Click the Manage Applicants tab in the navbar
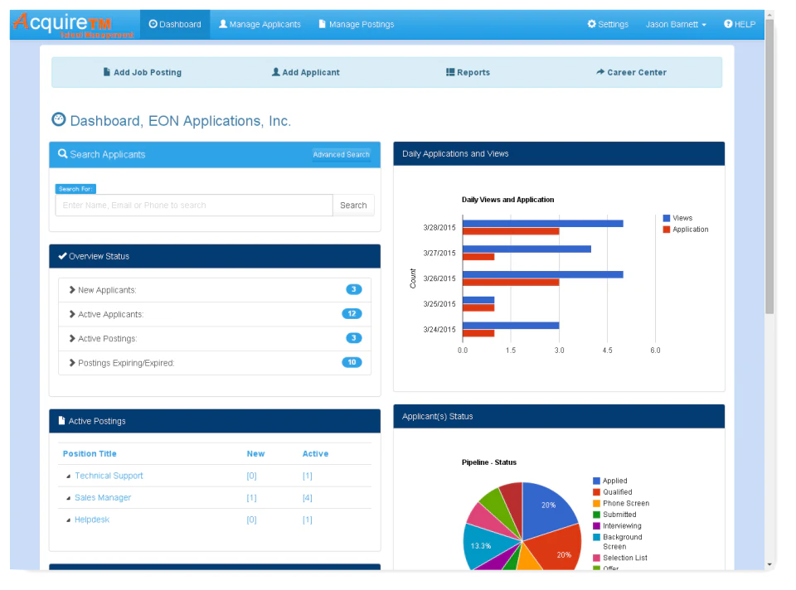260,25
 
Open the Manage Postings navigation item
357,25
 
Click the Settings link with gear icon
608,25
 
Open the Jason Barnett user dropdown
676,25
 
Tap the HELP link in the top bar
740,25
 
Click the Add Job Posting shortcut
142,73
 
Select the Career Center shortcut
631,73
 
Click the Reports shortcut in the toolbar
468,73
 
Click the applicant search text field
193,206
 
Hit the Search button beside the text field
353,206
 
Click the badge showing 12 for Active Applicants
352,314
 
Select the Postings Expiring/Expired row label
126,363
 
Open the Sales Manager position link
103,498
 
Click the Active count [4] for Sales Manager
307,498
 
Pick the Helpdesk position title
92,520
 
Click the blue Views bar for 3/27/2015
527,249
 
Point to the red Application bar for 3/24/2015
478,333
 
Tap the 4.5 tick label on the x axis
607,351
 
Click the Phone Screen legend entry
625,503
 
